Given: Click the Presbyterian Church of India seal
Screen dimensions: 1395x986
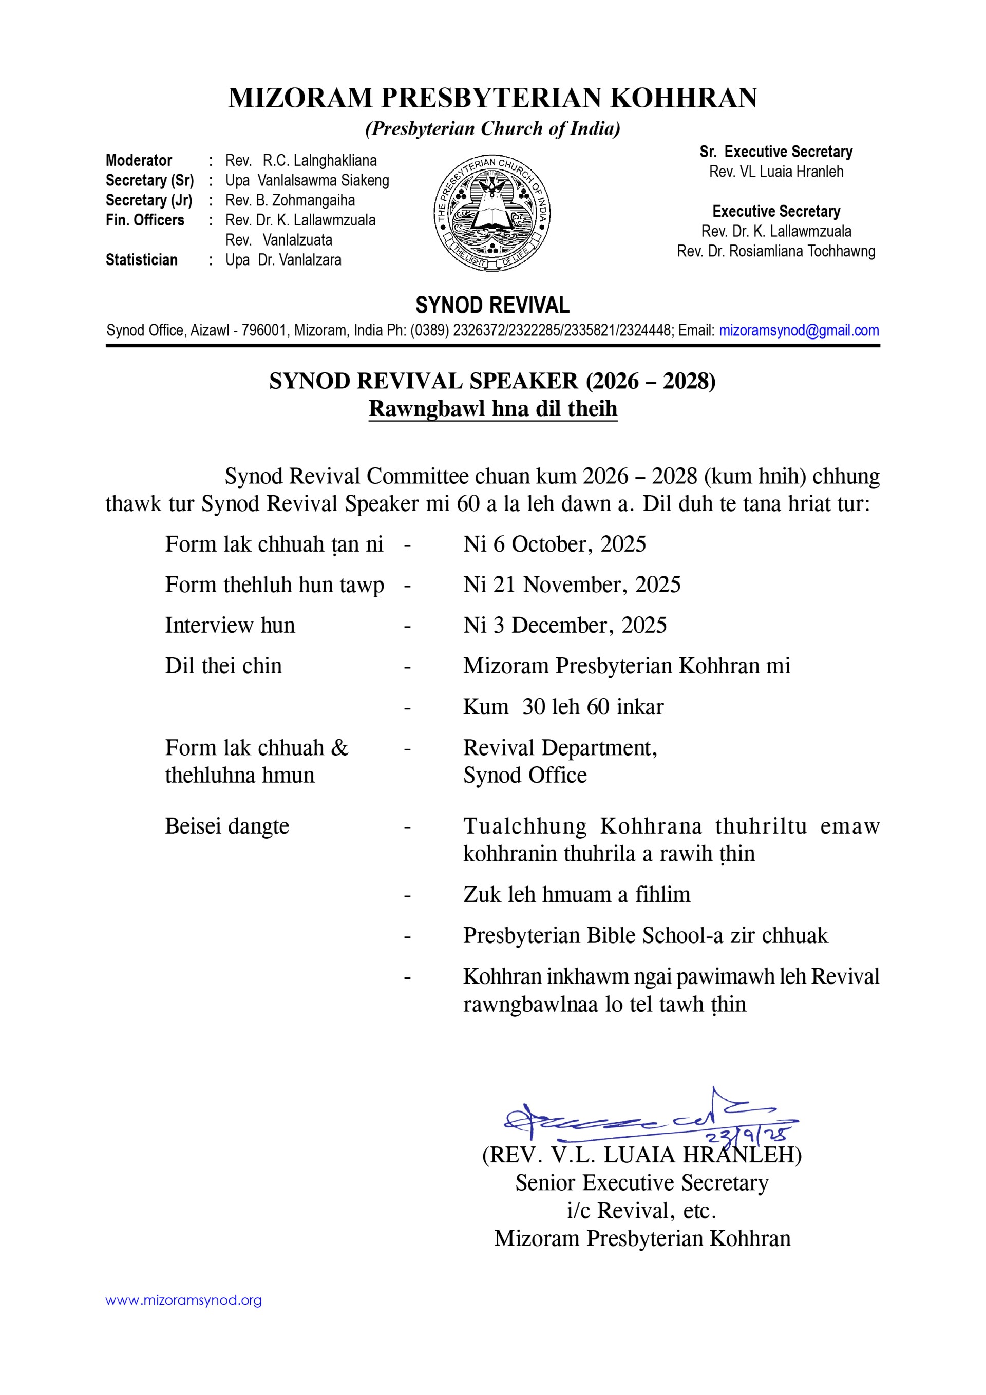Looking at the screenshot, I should coord(492,213).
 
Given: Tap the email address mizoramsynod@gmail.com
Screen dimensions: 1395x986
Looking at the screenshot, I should coord(798,331).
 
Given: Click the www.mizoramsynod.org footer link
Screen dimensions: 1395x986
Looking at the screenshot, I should coord(183,1300).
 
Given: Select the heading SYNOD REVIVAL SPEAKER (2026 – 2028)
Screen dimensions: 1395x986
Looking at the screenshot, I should coord(492,381).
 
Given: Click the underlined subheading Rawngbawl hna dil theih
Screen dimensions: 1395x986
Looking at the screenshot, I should coord(492,408).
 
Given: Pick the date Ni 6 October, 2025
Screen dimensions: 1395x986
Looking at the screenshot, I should coord(554,544).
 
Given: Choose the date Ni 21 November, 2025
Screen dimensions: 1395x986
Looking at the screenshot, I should coord(572,585).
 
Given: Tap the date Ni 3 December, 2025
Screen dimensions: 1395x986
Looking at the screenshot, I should coord(564,625).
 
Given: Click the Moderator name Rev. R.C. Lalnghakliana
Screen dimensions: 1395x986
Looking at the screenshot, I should coord(301,160).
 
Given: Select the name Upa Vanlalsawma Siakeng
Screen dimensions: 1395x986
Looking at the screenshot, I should coord(307,180).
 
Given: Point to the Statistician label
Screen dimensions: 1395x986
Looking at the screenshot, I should coord(142,260).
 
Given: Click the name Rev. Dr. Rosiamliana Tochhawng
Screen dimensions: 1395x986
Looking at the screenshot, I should coord(776,251).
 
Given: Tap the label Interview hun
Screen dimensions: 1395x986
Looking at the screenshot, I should coord(230,625).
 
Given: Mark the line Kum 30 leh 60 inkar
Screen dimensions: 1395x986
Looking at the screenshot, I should coord(563,707).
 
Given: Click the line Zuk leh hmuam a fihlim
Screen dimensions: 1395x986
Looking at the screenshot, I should coord(577,894).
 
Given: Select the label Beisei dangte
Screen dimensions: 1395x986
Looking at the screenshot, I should coord(226,826).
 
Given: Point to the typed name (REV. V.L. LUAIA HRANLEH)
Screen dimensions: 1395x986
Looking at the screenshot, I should coord(641,1155).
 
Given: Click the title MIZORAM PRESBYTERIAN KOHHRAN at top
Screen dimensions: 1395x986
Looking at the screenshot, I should coord(492,98).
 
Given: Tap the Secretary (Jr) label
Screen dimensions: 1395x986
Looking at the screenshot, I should coord(149,200).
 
